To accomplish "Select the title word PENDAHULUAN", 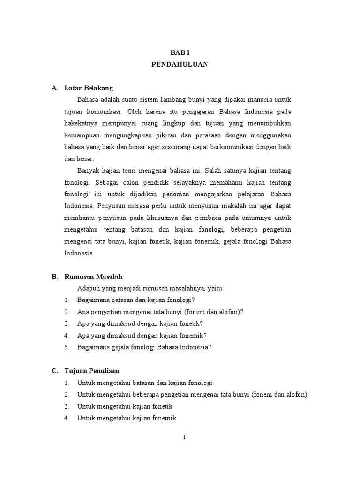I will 180,65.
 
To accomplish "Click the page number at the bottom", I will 185,437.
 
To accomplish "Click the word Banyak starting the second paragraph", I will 88,171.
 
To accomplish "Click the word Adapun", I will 88,288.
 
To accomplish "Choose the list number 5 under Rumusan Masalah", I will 67,347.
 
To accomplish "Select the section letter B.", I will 54,277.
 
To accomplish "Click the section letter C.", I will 54,371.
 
